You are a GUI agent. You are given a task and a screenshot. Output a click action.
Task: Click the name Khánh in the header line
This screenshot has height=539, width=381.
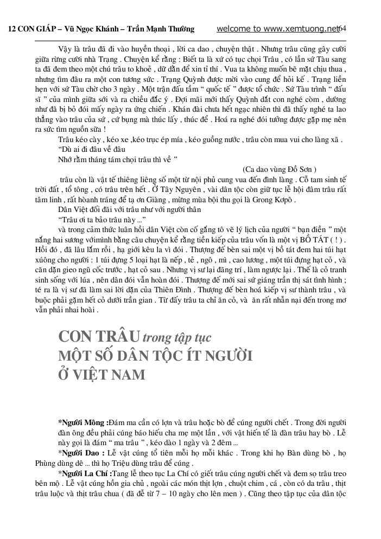point(110,29)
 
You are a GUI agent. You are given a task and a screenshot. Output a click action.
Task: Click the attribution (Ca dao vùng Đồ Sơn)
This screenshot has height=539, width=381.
point(280,169)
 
